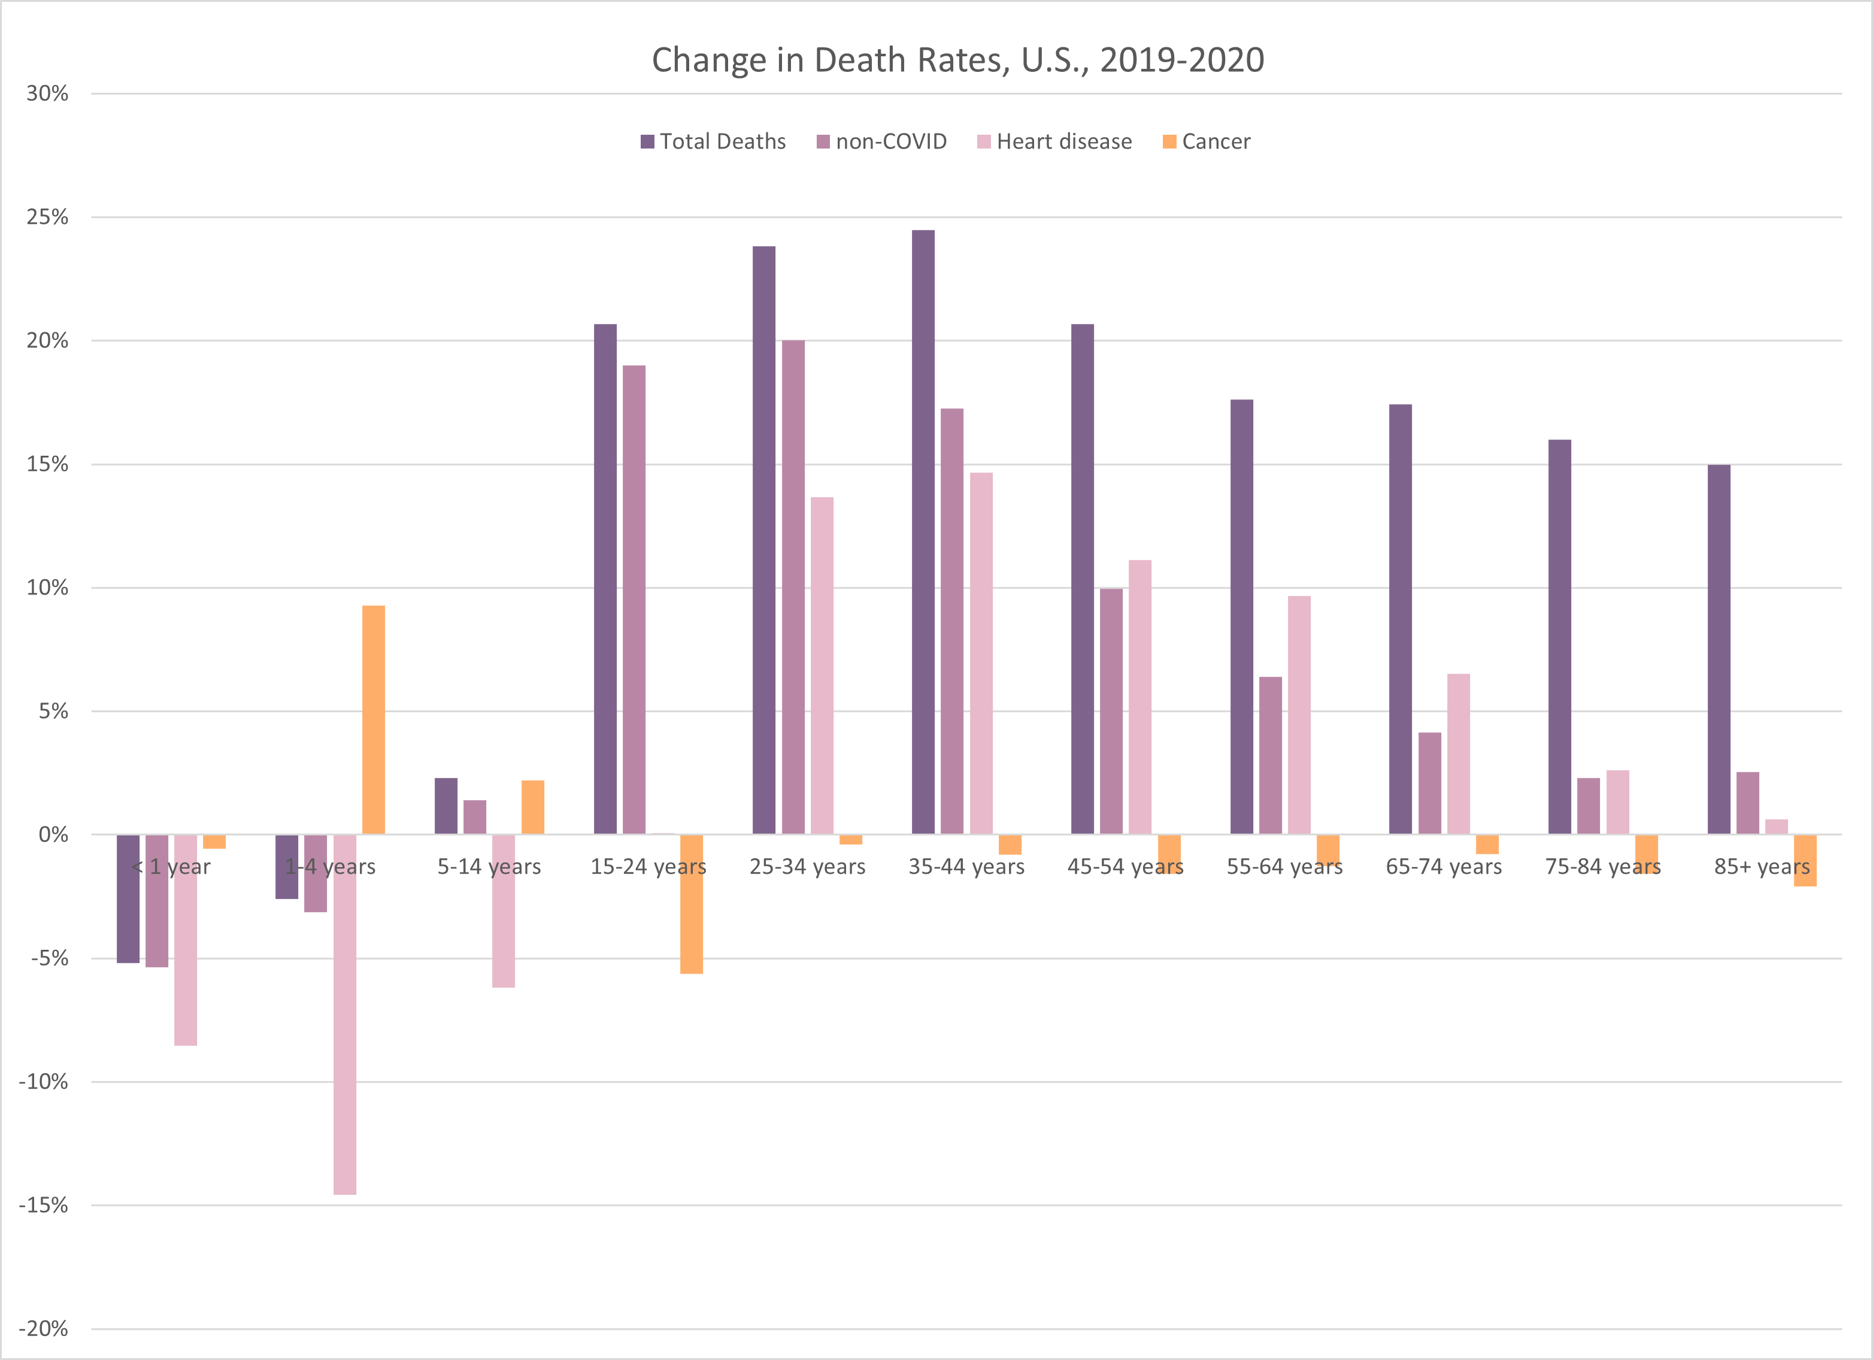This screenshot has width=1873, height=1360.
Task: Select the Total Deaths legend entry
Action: pos(714,142)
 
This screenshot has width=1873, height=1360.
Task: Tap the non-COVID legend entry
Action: pos(882,142)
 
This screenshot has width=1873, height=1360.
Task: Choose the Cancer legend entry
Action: pos(1207,142)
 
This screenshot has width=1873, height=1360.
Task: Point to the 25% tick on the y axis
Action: pos(47,217)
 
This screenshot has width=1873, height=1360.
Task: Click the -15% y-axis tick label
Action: pos(44,1205)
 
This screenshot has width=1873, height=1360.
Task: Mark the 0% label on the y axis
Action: pos(53,835)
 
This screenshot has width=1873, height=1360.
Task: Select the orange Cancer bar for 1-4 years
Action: pos(373,720)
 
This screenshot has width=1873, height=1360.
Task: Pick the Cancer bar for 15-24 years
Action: pos(691,904)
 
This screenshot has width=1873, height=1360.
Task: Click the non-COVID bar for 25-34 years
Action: pos(793,587)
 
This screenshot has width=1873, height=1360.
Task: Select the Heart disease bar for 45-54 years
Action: pos(1139,697)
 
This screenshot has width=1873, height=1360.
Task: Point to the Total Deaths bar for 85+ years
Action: pos(1719,650)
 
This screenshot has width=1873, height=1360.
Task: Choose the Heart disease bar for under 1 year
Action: pos(186,940)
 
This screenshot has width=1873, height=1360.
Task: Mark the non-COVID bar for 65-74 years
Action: pos(1429,784)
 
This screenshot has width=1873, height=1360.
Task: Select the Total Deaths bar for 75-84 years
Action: pos(1559,637)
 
